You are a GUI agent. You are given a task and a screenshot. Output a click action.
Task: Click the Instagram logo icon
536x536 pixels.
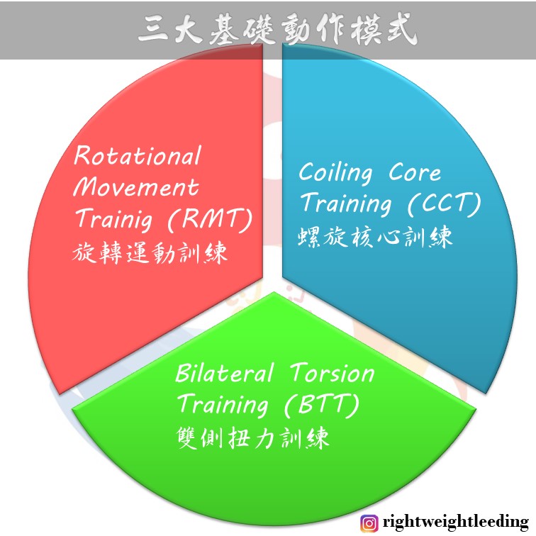[369, 523]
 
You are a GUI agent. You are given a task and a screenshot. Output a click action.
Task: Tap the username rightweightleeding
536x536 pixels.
[456, 523]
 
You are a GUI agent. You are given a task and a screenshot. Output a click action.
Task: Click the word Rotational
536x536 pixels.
[138, 155]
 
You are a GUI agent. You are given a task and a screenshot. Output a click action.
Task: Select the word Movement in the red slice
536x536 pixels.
[136, 187]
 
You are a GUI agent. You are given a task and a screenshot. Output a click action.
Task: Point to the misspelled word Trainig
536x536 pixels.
[114, 219]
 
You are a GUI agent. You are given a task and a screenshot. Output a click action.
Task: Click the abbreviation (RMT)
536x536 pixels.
[210, 219]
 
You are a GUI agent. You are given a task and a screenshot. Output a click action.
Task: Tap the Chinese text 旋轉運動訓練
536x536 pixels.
[150, 252]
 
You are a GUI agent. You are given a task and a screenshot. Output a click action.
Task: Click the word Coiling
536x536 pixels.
[335, 173]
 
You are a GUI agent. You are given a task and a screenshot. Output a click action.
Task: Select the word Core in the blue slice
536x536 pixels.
[415, 172]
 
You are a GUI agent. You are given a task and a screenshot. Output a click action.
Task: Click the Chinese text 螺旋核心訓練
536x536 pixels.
[375, 237]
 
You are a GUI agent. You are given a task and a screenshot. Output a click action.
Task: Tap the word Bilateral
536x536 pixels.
[224, 372]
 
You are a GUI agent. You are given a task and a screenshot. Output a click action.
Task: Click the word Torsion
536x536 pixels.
[333, 373]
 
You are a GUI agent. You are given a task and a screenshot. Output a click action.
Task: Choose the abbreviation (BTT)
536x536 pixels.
[322, 405]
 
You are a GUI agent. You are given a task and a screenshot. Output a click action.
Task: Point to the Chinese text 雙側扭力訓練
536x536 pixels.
[253, 437]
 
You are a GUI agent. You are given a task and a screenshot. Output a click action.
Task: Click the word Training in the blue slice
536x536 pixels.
[346, 203]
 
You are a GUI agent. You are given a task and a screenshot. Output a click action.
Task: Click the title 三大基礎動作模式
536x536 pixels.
[278, 29]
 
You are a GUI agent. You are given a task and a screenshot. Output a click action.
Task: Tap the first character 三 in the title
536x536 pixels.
[153, 30]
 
